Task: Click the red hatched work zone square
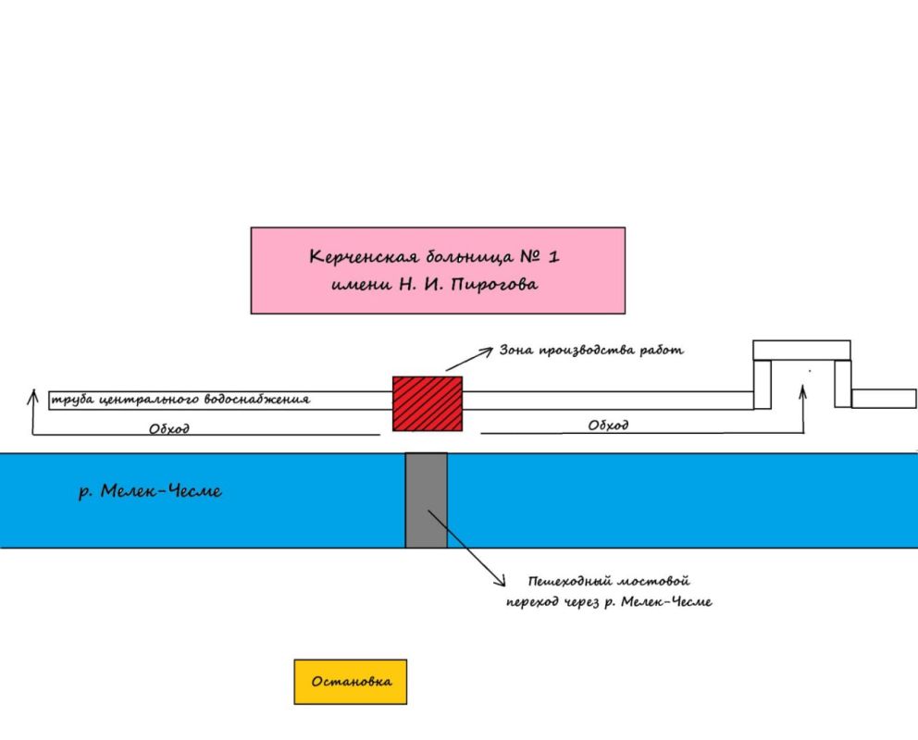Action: coord(427,403)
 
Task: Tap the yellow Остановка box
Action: coord(350,682)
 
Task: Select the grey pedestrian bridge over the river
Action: coord(427,499)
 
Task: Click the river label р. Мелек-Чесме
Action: coord(150,491)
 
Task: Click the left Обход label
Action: coord(169,429)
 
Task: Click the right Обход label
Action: coord(608,425)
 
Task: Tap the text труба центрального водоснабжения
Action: coord(181,400)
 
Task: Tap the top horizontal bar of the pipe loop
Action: coord(801,350)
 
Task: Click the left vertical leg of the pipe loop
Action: coord(763,383)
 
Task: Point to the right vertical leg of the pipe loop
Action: coord(842,383)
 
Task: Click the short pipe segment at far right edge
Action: coord(884,399)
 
